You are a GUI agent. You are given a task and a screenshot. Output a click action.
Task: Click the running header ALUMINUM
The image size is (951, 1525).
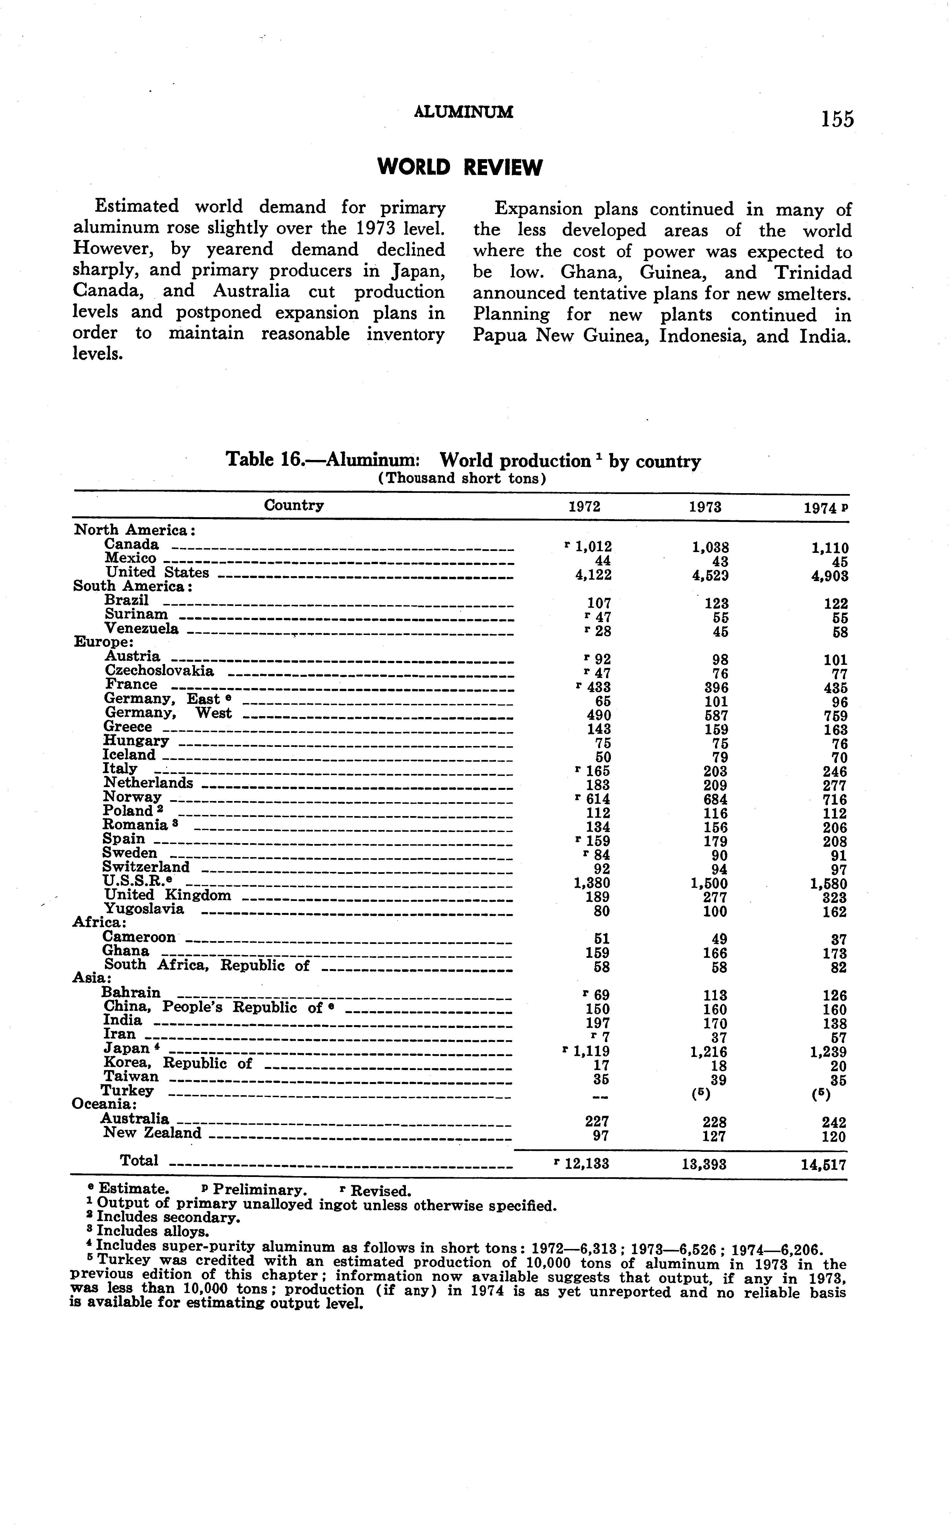[464, 112]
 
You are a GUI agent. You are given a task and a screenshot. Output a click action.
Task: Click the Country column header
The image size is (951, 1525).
[294, 505]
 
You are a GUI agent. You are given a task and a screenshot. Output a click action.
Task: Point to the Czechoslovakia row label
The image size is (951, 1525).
[159, 671]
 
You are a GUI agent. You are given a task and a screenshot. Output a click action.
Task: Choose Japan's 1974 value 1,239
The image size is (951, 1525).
[828, 1052]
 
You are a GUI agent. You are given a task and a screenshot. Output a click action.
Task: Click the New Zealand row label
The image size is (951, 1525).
[152, 1133]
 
